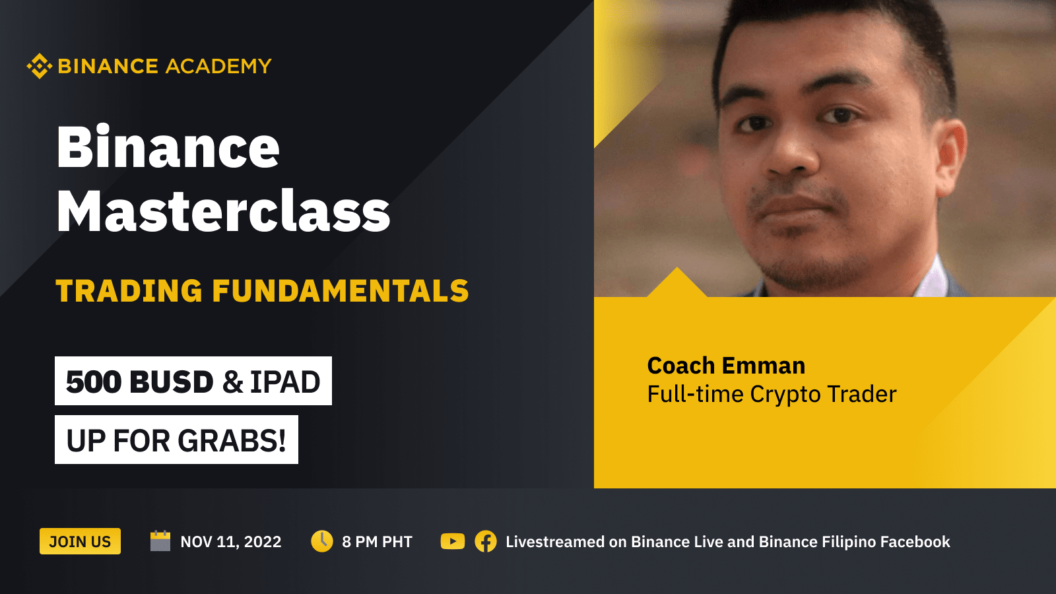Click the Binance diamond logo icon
coord(39,66)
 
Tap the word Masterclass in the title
coord(223,212)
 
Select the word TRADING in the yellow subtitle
coord(129,291)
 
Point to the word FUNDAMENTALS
coord(340,291)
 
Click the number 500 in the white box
coord(94,382)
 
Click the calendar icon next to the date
coord(160,541)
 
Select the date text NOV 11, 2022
coord(231,542)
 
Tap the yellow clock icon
coord(322,541)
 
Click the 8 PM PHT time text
coord(377,542)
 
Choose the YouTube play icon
coord(453,541)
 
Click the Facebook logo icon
coord(486,541)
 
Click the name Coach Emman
coord(726,366)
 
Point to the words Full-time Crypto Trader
coord(772,394)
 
